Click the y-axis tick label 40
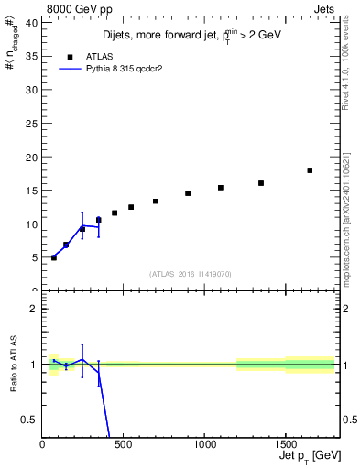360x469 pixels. (32, 23)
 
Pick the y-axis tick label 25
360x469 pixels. (32, 124)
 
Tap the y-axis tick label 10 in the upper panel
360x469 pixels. (32, 224)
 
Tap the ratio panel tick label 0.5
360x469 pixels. (29, 420)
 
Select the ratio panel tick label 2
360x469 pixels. (34, 309)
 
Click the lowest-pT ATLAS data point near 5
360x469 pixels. (54, 257)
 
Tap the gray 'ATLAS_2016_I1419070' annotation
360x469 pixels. (190, 274)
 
